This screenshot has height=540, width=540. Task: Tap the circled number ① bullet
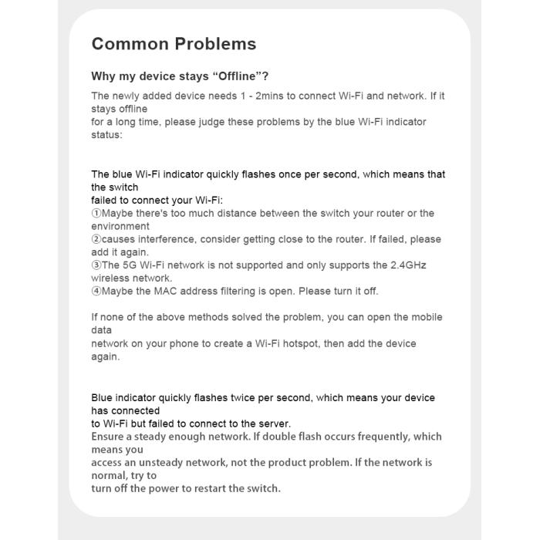pos(96,214)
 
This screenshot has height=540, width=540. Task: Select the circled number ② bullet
pos(96,239)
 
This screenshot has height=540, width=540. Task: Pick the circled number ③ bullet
pos(96,265)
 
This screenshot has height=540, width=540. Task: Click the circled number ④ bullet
pos(96,292)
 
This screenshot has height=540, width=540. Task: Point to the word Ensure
pos(110,437)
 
